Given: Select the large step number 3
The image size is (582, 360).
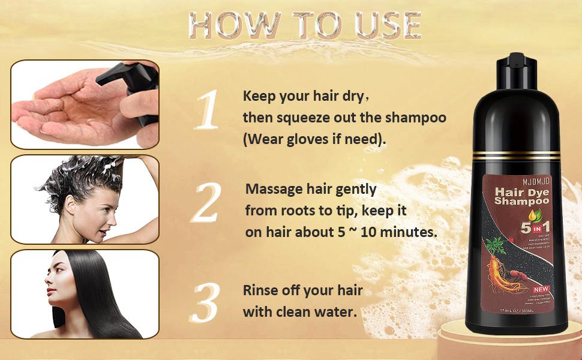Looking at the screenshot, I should coord(206,304).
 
